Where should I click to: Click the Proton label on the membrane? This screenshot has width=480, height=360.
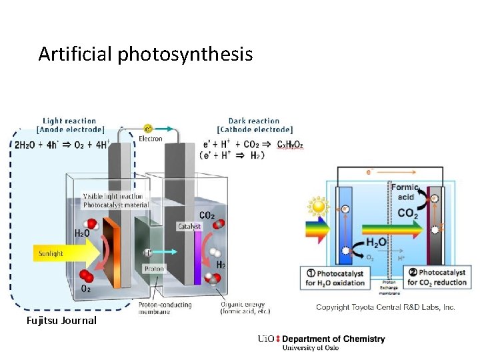coord(154,269)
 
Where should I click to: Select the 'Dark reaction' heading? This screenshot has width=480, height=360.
coord(254,121)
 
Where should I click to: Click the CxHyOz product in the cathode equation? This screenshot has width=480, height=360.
coord(290,144)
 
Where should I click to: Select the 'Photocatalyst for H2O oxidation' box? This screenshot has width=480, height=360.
coord(335,278)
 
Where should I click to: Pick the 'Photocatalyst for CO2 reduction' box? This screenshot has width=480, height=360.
coord(438,278)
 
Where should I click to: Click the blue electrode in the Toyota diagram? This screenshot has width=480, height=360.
coord(345,223)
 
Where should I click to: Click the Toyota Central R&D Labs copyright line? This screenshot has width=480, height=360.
coord(385,307)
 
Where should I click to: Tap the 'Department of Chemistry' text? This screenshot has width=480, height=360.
coord(333,339)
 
